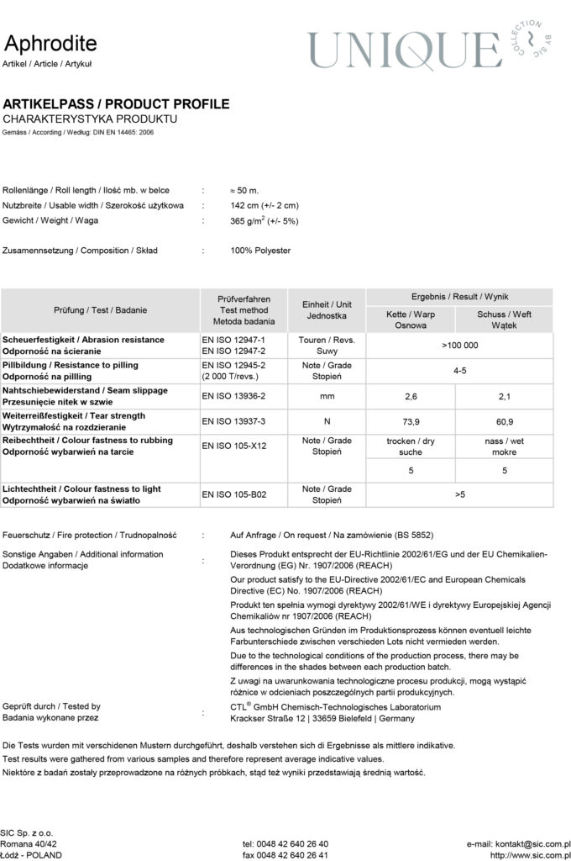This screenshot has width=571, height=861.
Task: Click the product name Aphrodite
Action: click(50, 44)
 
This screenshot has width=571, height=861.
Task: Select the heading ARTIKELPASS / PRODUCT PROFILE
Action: click(116, 104)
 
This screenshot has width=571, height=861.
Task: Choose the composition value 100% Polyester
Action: click(260, 251)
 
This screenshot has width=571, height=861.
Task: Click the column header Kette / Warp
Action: click(411, 314)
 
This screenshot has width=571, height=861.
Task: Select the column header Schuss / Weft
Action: click(504, 314)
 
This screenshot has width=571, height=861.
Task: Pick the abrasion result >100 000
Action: click(459, 346)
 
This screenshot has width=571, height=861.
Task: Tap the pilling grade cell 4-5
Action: click(459, 371)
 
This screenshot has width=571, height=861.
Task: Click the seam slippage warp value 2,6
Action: click(411, 395)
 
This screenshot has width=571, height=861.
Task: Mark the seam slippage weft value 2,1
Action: click(504, 395)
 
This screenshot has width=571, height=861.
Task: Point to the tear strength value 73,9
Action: click(411, 420)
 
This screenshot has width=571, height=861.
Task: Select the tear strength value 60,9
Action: click(504, 420)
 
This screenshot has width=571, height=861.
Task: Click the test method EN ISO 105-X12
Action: click(234, 446)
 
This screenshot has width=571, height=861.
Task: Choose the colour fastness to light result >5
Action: click(459, 494)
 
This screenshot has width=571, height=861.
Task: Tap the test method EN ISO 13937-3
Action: click(234, 420)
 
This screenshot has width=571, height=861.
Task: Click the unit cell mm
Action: click(327, 395)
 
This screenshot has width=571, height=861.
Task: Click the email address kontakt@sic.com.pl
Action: click(519, 843)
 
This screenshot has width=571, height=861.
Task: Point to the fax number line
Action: click(285, 855)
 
